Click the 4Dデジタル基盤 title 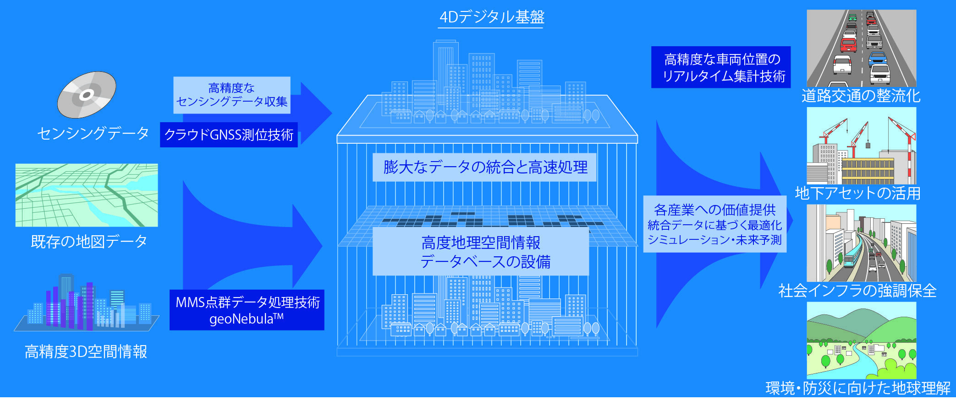(491, 17)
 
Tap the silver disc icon (86, 95)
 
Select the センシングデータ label (93, 133)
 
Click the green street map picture (87, 195)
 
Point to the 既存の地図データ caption (89, 241)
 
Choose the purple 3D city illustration (87, 303)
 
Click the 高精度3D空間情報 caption (86, 351)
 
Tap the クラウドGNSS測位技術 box (229, 135)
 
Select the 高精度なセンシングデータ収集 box (232, 95)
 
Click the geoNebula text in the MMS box (247, 319)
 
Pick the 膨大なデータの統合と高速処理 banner (485, 167)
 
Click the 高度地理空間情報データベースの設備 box (481, 252)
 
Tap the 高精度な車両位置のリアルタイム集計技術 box (721, 67)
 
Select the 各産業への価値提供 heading (714, 210)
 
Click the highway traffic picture (862, 48)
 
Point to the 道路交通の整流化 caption (861, 96)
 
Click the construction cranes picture (862, 146)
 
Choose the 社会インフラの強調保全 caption (857, 291)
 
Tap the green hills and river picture (862, 340)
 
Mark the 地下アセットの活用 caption (857, 193)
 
